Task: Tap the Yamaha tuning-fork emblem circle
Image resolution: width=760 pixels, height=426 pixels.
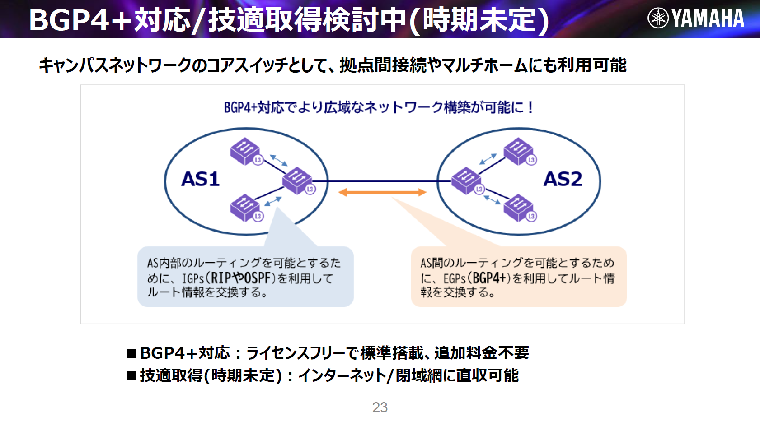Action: [x=658, y=19]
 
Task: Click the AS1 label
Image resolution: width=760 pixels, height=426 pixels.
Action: [x=200, y=179]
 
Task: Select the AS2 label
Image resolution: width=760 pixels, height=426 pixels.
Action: [x=563, y=179]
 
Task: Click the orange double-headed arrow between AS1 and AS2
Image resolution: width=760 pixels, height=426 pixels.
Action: [x=382, y=192]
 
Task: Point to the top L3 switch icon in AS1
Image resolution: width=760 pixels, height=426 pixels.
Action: [x=245, y=152]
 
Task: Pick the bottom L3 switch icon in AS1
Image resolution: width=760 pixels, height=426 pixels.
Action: [x=245, y=208]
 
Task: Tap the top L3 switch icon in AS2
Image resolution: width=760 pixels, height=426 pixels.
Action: [x=519, y=152]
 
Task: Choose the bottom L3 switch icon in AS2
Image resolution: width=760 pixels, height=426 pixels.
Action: [x=519, y=208]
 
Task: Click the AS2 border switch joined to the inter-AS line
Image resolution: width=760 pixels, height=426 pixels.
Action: [x=467, y=181]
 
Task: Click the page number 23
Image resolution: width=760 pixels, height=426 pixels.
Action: [x=380, y=407]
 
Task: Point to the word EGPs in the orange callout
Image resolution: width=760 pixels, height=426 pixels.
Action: [x=454, y=279]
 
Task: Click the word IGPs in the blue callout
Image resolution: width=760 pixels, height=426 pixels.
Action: [x=193, y=279]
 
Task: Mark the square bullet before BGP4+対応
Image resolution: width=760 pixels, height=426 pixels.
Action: [x=132, y=353]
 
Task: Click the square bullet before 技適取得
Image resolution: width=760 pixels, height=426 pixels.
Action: [x=132, y=376]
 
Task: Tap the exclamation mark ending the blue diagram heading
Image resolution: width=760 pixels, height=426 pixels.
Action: [x=530, y=107]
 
